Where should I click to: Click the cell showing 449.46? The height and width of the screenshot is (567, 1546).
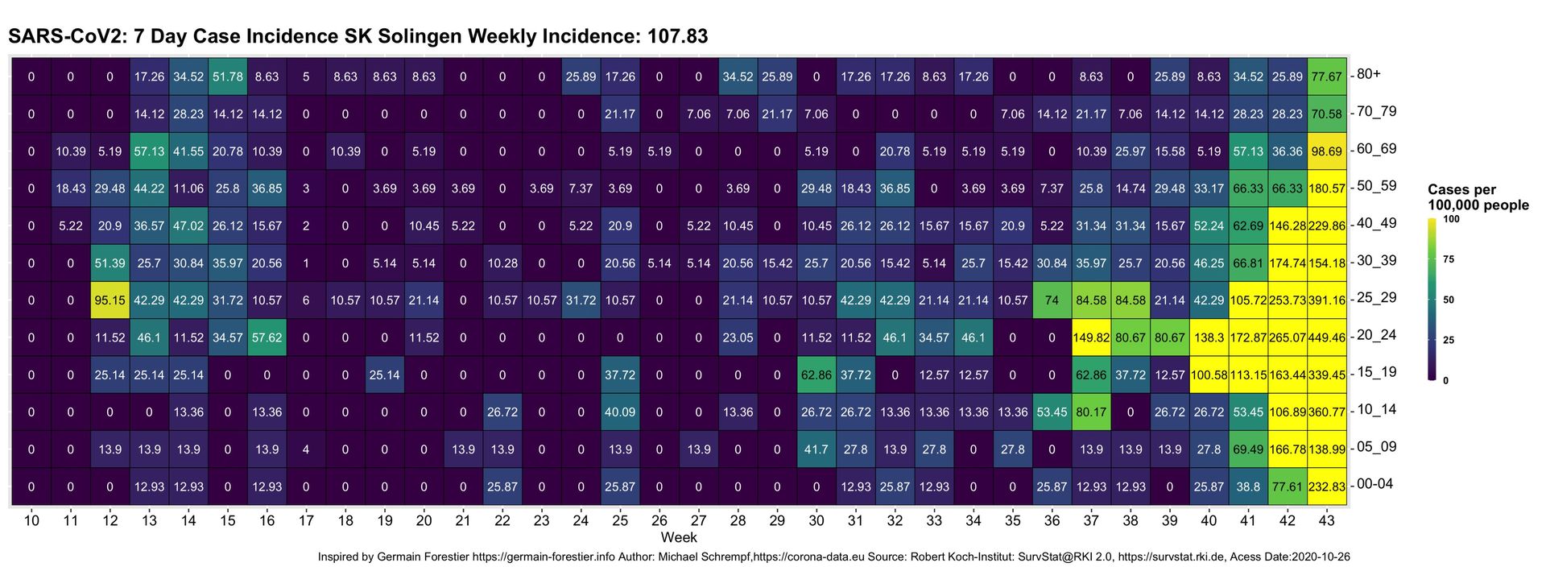pyautogui.click(x=1327, y=337)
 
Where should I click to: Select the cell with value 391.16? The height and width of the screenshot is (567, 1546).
pyautogui.click(x=1327, y=300)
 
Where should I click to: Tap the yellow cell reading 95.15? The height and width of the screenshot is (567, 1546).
pyautogui.click(x=110, y=300)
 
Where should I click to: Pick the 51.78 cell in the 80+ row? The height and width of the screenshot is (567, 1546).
pyautogui.click(x=228, y=77)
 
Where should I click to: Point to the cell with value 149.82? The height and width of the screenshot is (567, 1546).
pyautogui.click(x=1091, y=337)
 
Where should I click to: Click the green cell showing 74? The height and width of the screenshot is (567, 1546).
pyautogui.click(x=1052, y=300)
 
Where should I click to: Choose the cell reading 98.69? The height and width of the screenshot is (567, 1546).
pyautogui.click(x=1327, y=151)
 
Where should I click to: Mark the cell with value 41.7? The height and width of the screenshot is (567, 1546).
pyautogui.click(x=816, y=449)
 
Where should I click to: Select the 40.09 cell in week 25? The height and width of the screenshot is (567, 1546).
pyautogui.click(x=620, y=412)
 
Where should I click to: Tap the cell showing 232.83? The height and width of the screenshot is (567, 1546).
pyautogui.click(x=1327, y=486)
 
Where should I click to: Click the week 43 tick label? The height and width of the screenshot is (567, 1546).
pyautogui.click(x=1327, y=521)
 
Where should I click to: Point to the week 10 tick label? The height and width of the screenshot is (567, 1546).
pyautogui.click(x=31, y=521)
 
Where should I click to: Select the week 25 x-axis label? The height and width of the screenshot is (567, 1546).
pyautogui.click(x=620, y=521)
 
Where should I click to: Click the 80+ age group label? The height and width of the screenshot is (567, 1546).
pyautogui.click(x=1369, y=74)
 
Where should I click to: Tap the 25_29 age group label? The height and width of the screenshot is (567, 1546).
pyautogui.click(x=1376, y=297)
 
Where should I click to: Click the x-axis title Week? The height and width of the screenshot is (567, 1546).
pyautogui.click(x=679, y=537)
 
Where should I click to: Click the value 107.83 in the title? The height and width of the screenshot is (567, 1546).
pyautogui.click(x=677, y=36)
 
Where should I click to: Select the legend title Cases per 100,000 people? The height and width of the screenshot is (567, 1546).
pyautogui.click(x=1478, y=197)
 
